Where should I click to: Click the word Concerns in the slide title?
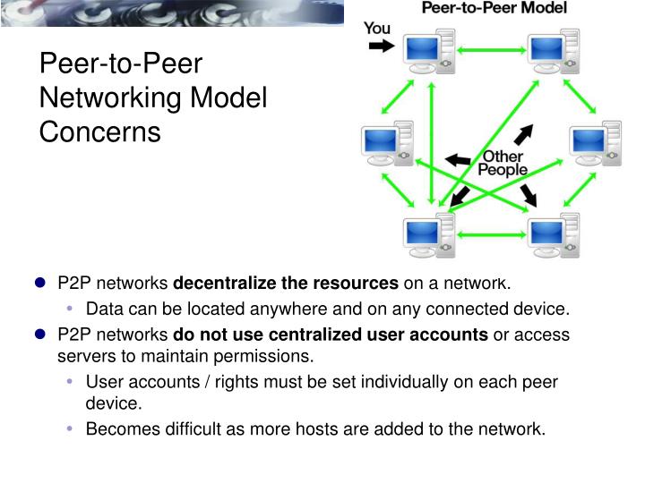(x=99, y=131)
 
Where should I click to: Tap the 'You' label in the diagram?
(x=377, y=28)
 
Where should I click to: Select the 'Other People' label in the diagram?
(x=503, y=163)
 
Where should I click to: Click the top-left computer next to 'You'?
(x=426, y=53)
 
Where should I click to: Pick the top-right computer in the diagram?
(x=552, y=53)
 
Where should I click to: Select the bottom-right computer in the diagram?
(x=554, y=234)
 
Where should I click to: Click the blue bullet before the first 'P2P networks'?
(x=40, y=284)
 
